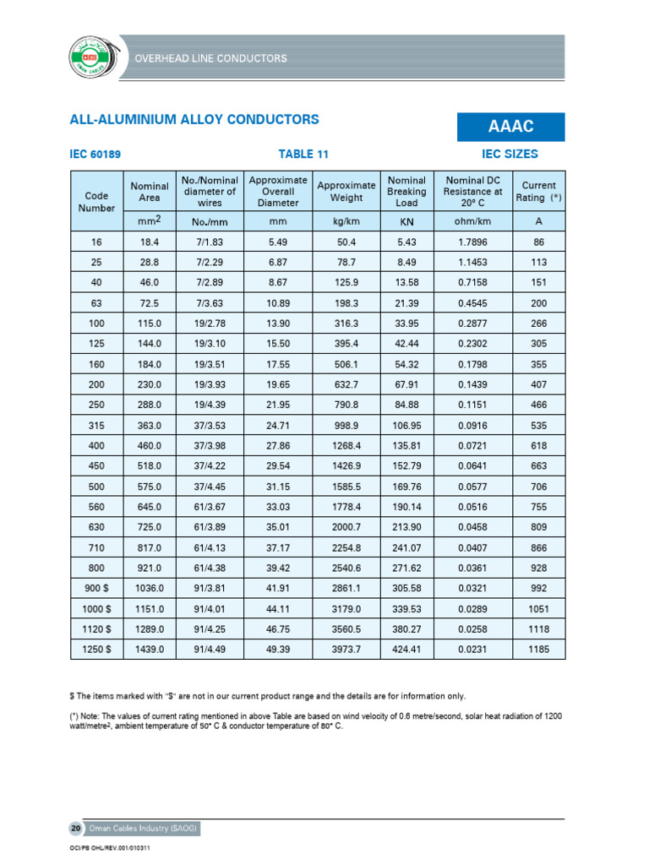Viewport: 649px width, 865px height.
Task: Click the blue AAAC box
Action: point(510,126)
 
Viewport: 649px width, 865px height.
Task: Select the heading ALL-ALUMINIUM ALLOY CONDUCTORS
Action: point(194,119)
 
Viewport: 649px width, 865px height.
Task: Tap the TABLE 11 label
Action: point(303,155)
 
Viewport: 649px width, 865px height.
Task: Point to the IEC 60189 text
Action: point(101,155)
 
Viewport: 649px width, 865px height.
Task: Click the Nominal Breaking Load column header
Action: point(406,192)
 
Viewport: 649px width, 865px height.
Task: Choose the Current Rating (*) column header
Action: point(538,191)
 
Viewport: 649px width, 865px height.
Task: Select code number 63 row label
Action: point(96,302)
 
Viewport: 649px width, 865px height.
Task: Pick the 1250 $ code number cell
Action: point(96,649)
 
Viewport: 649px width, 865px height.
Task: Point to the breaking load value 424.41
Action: point(406,649)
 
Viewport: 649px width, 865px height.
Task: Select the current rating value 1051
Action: point(538,608)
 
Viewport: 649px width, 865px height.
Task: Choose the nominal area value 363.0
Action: point(148,425)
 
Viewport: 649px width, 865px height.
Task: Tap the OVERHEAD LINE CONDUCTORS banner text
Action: point(210,58)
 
